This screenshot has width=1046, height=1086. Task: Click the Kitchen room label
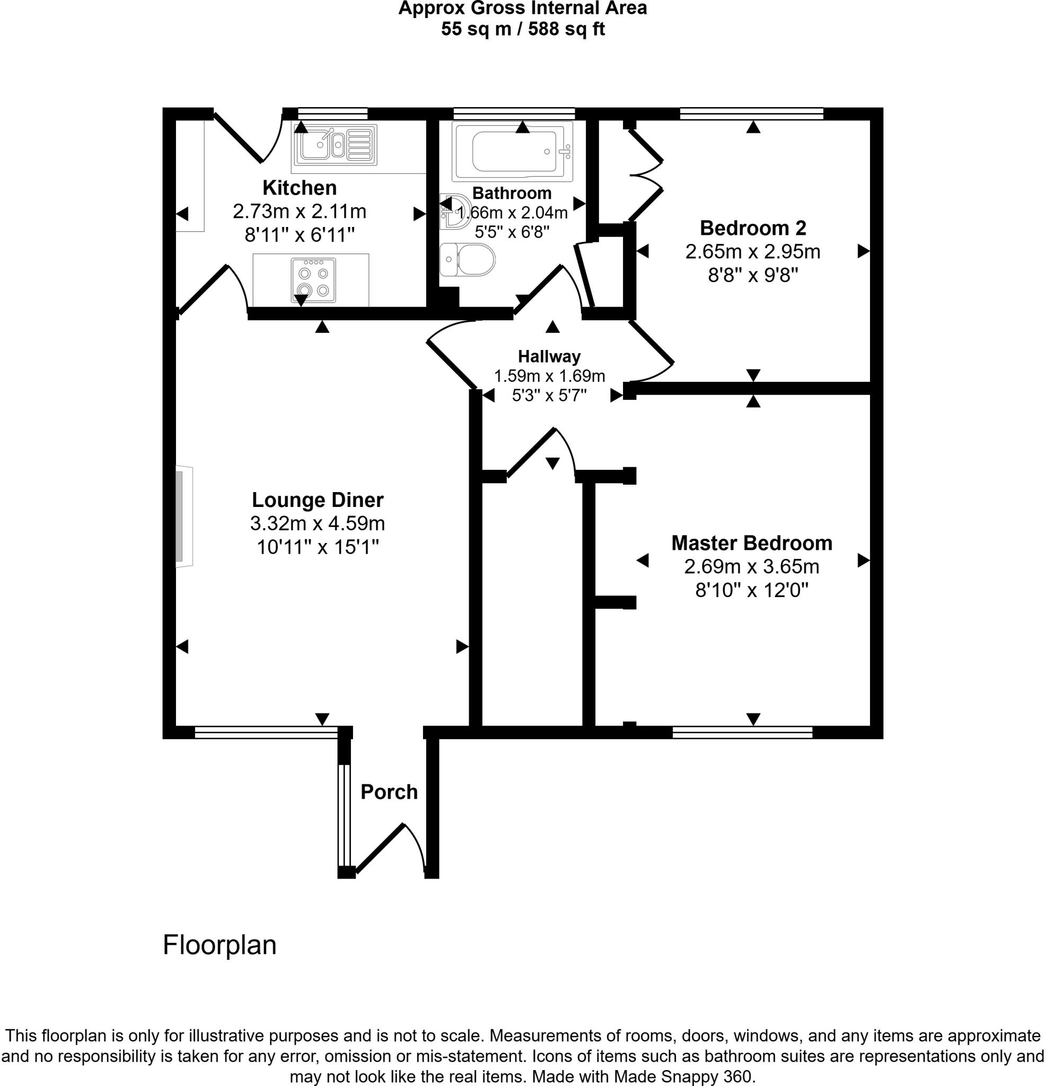tap(299, 188)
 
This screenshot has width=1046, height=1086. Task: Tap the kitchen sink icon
tap(334, 145)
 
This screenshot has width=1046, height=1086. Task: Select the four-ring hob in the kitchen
tap(313, 281)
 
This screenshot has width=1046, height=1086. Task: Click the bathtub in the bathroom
tap(513, 151)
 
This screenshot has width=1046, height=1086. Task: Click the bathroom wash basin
tap(453, 212)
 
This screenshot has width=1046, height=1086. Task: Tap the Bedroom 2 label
tap(752, 227)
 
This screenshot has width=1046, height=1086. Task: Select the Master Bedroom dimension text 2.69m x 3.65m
tap(751, 567)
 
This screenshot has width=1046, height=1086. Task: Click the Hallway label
tap(549, 356)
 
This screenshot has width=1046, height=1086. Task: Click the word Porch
tap(389, 792)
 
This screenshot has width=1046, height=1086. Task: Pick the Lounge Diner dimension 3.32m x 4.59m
tap(317, 523)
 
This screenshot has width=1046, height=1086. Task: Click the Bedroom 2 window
tap(751, 114)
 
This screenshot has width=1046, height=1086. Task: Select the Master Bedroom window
tap(742, 732)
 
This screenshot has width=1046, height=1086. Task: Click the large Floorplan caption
tap(219, 945)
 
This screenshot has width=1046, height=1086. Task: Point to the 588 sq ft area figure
tap(566, 29)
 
